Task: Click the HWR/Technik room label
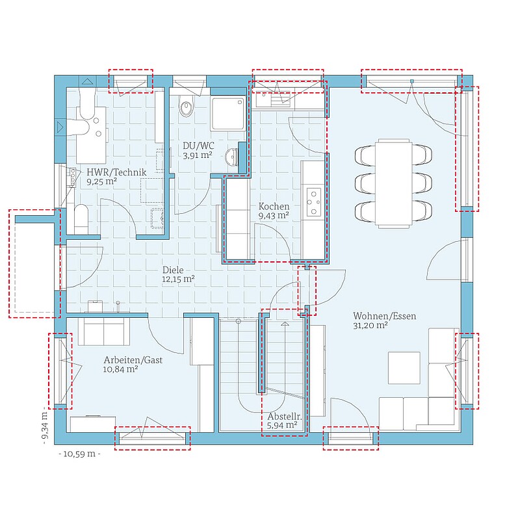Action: tap(116, 172)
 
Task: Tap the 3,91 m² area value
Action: tap(198, 155)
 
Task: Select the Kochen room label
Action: tap(274, 206)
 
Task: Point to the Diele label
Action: tap(173, 270)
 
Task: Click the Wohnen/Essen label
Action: tap(384, 316)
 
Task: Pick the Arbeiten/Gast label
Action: tap(133, 360)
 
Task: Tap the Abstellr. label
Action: tap(285, 417)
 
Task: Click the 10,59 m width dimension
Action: tap(79, 454)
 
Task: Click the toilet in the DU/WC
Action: tap(186, 106)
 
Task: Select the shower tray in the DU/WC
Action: tap(229, 113)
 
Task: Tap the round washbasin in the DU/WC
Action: tap(231, 157)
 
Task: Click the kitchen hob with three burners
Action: tap(314, 201)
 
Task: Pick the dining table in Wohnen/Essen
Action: tap(394, 183)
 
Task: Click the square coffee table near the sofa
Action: tap(404, 368)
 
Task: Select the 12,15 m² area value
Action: tap(178, 279)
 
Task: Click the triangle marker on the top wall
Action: tap(88, 81)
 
